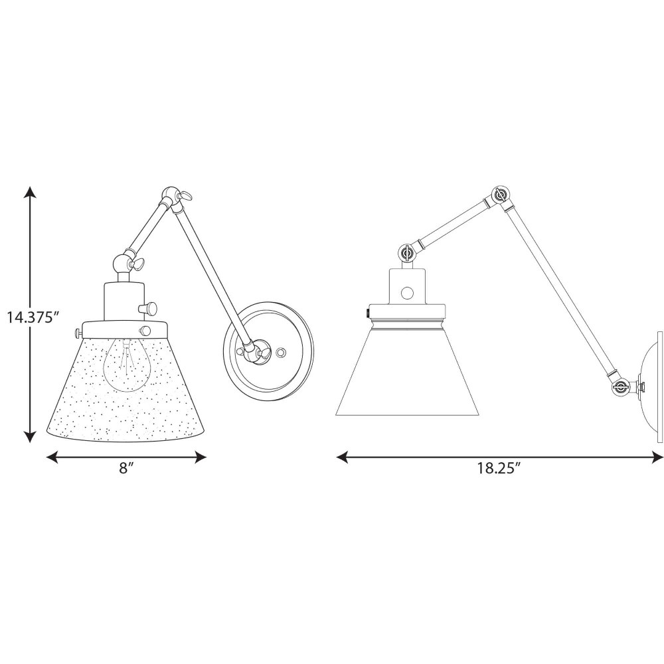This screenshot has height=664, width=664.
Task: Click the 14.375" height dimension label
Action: point(32,316)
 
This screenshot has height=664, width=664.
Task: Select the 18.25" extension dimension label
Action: point(499,468)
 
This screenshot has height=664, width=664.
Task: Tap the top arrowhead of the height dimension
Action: point(29,193)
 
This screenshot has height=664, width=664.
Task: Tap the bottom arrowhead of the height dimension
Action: point(29,437)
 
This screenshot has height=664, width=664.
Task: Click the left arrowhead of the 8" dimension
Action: point(52,457)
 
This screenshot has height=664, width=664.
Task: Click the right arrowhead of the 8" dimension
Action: point(201,457)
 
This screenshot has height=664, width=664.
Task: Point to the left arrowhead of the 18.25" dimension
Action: point(342,457)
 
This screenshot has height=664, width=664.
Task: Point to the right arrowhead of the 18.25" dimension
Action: point(657,457)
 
